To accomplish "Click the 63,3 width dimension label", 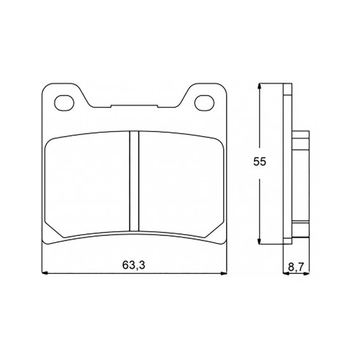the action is pyautogui.click(x=134, y=265).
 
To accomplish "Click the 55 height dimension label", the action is pyautogui.click(x=260, y=162).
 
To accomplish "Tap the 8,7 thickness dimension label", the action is pyautogui.click(x=296, y=267).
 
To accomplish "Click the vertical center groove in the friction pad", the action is pyautogui.click(x=134, y=181).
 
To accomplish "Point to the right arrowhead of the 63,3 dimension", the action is pyautogui.click(x=223, y=273).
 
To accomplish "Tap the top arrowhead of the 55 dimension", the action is pyautogui.click(x=260, y=86).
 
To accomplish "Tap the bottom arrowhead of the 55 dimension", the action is pyautogui.click(x=260, y=241).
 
